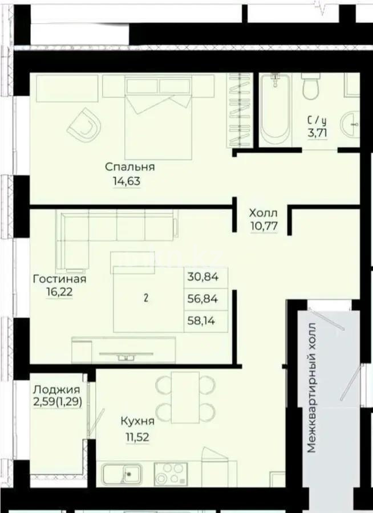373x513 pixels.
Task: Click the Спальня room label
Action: point(130,167)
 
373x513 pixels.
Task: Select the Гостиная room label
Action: point(59,279)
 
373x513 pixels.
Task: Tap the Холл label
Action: point(263,213)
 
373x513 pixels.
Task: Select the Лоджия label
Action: point(56,390)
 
